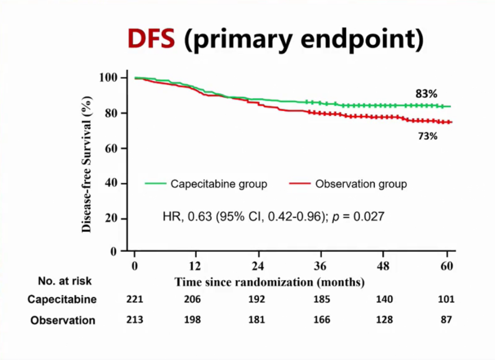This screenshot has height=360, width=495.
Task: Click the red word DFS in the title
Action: [151, 39]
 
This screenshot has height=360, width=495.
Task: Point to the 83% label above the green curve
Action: [426, 94]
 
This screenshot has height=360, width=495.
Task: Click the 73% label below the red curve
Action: [427, 136]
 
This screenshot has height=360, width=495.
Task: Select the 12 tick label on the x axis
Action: [196, 267]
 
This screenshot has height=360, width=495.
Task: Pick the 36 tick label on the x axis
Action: [321, 267]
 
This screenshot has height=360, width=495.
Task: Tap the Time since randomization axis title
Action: [269, 282]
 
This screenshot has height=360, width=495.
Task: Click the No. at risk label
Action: [65, 281]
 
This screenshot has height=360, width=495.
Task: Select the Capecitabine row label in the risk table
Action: [62, 300]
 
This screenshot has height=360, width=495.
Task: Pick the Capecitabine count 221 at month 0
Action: [135, 300]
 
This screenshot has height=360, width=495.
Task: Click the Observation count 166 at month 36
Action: [321, 320]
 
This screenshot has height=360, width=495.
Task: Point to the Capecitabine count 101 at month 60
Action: [445, 300]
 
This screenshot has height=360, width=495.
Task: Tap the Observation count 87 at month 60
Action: [445, 320]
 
